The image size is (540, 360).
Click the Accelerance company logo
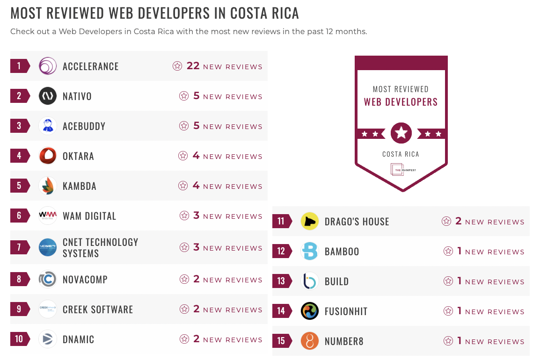[x=48, y=66]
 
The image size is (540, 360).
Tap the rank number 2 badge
[x=20, y=96]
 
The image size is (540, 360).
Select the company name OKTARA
[x=78, y=156]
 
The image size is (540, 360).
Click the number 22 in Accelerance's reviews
[x=193, y=66]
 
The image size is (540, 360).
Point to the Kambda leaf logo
[x=48, y=186]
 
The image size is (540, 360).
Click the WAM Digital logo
[x=48, y=216]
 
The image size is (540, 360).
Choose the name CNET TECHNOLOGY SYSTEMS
[x=100, y=247]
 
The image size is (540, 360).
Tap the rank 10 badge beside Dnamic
[x=20, y=339]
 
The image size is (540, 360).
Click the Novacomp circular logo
[x=48, y=279]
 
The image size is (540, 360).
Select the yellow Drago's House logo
[x=310, y=221]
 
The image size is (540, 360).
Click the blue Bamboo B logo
[x=310, y=251]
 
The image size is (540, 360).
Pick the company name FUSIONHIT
[x=345, y=311]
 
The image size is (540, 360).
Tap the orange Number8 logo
[x=310, y=341]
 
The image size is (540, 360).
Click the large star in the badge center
[x=401, y=133]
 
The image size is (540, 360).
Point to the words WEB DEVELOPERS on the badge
[x=401, y=102]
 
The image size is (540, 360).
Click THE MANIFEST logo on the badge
[x=401, y=170]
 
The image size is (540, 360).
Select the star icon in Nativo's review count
[x=184, y=96]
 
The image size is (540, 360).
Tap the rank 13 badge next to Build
[x=282, y=281]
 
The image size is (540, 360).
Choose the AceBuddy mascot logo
[x=48, y=126]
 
